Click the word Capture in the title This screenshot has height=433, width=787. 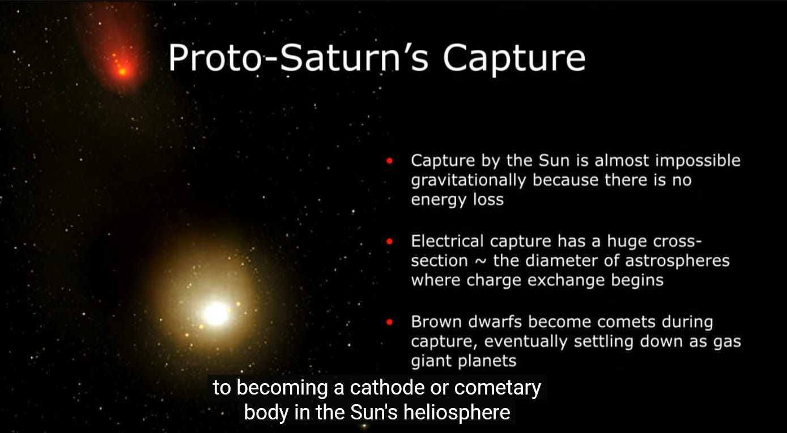pyautogui.click(x=514, y=58)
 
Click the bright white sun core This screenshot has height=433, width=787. pyautogui.click(x=216, y=314)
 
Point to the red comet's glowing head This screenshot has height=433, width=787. pyautogui.click(x=122, y=71)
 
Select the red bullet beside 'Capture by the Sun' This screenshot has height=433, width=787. pyautogui.click(x=389, y=161)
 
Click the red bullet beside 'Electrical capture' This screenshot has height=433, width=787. pyautogui.click(x=389, y=242)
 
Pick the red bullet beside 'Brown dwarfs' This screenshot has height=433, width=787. pyautogui.click(x=389, y=322)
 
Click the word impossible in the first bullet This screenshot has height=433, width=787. pyautogui.click(x=697, y=161)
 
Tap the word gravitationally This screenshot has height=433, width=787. pyautogui.click(x=469, y=181)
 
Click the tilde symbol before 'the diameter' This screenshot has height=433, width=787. pyautogui.click(x=480, y=261)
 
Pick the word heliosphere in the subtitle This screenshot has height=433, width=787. pyautogui.click(x=456, y=413)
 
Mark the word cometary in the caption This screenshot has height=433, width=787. pyautogui.click(x=497, y=388)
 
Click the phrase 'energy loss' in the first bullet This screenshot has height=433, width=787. pyautogui.click(x=457, y=200)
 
